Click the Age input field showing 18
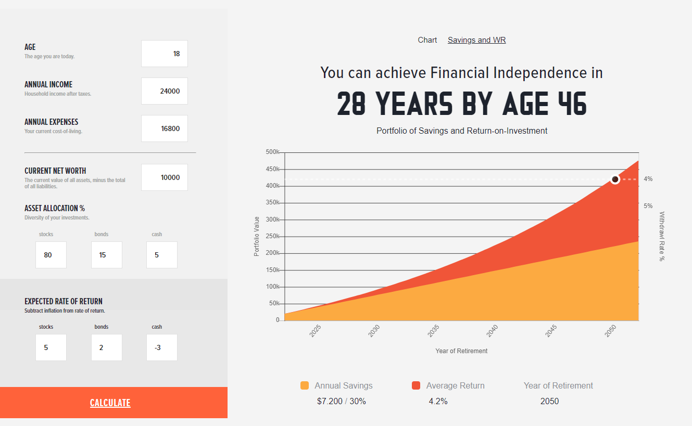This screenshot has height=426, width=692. (165, 54)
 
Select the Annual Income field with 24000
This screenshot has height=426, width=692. (165, 91)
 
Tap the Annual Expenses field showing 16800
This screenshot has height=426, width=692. (165, 128)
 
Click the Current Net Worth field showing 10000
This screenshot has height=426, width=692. (165, 177)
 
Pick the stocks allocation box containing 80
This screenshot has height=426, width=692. (51, 255)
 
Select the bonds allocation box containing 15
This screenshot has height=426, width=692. (107, 255)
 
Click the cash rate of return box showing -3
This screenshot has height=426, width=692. (162, 347)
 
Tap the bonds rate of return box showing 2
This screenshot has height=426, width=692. (107, 347)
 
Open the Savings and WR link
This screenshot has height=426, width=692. (476, 40)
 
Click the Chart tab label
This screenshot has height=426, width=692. (427, 40)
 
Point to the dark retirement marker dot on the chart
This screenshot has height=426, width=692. (615, 179)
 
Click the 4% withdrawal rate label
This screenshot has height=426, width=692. (648, 179)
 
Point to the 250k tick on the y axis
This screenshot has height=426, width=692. (272, 236)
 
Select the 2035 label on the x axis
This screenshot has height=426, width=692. (433, 331)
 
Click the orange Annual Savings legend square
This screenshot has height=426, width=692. (305, 385)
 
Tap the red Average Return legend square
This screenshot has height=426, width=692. (416, 385)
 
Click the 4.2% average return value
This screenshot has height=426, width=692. (438, 402)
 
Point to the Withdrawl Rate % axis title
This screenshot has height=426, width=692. (662, 236)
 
